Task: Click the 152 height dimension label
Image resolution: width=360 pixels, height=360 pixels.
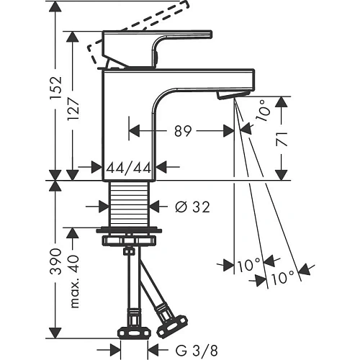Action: [x=55, y=88]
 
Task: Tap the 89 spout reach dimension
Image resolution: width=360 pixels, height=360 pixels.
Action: [x=183, y=131]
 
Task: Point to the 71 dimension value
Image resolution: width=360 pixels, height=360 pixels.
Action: [x=282, y=139]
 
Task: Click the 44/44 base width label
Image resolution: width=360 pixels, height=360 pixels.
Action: [x=129, y=168]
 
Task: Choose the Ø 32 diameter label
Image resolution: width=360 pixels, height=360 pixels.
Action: [x=192, y=207]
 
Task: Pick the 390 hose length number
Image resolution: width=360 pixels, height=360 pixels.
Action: [x=55, y=261]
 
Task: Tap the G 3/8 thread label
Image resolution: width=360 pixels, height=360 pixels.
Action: [x=197, y=350]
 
